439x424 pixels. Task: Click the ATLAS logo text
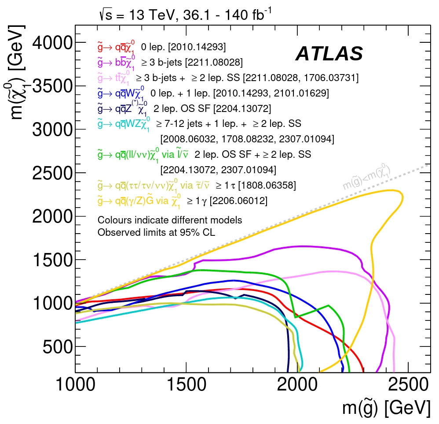click(x=329, y=54)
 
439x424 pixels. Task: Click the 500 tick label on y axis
click(x=57, y=346)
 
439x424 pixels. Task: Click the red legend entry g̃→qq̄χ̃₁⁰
click(x=116, y=47)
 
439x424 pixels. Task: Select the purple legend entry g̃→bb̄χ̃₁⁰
click(x=116, y=62)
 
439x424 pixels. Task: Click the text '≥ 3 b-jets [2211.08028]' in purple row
click(x=192, y=62)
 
